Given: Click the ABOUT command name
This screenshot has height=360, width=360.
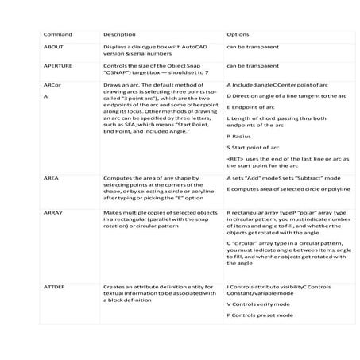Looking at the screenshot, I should (53, 48).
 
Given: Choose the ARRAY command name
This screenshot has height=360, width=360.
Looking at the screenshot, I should (53, 213).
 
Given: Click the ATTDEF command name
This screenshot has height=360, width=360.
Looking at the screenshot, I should (55, 286).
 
